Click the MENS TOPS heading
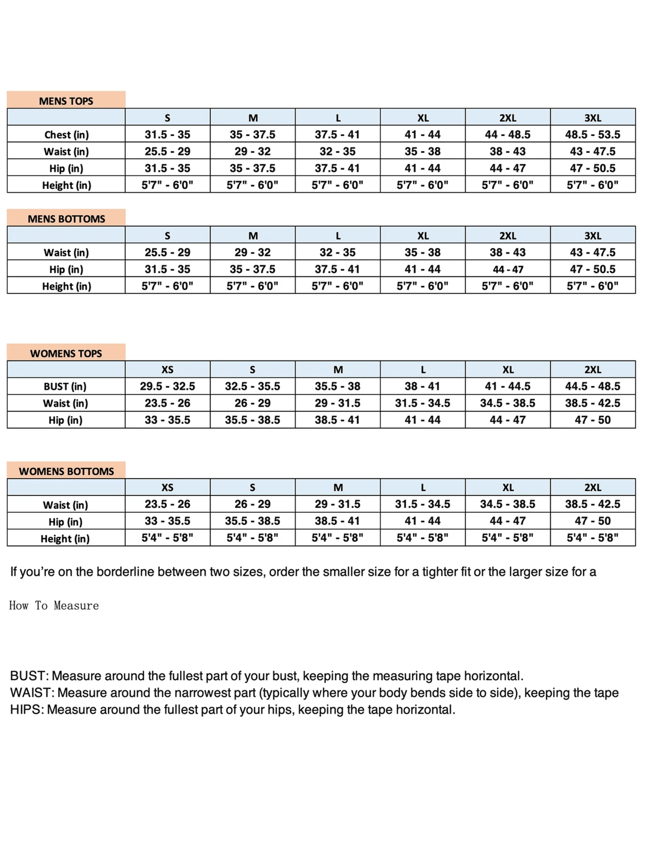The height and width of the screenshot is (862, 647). pos(66,101)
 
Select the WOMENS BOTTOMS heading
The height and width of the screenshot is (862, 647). pos(66,471)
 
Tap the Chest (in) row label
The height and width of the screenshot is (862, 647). pos(66,134)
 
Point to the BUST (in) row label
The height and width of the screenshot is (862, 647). pos(65,386)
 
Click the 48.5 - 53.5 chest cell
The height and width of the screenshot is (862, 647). pos(593,134)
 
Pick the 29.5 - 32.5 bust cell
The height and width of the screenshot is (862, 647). pos(167,386)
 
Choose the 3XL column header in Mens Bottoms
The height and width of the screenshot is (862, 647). pos(593,235)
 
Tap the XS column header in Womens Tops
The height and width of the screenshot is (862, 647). pos(167,369)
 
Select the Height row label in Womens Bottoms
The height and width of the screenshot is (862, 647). pos(65,538)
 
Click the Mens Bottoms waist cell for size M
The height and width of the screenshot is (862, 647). pos(252,252)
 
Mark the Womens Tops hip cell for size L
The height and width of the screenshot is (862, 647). pos(422,420)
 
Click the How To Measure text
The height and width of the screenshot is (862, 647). pos(54,606)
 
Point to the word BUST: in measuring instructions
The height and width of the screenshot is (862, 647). pos(28,675)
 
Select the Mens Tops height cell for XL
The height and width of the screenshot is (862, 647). pos(422,185)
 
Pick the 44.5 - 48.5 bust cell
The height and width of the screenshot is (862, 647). pos(593,386)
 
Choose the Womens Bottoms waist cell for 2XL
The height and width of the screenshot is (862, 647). pos(593,504)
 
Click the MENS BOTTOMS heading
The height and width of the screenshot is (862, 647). pos(66,219)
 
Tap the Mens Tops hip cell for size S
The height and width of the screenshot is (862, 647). pos(167,168)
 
